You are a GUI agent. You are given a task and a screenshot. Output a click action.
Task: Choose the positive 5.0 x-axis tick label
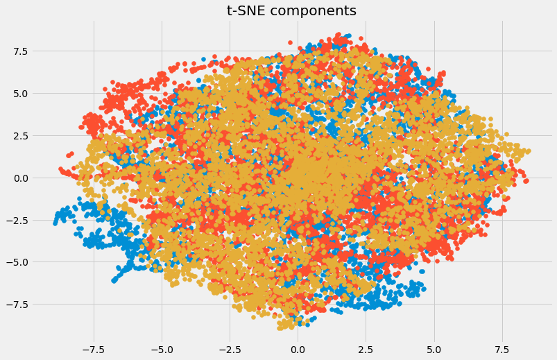point(434,350)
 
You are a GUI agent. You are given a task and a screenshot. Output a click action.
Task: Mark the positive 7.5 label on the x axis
point(502,350)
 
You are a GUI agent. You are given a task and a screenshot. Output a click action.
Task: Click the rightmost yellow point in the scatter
point(528,151)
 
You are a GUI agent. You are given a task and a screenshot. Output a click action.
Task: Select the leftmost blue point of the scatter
point(55,223)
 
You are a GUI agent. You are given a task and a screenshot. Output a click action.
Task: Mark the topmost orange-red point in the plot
point(338,34)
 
